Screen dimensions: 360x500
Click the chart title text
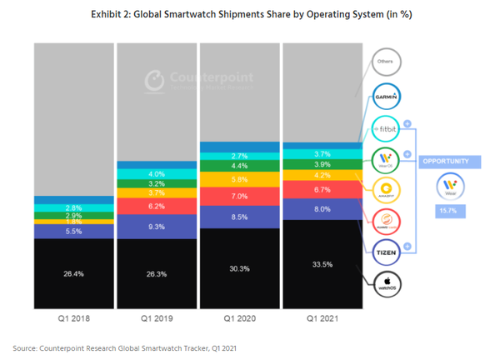point(250,15)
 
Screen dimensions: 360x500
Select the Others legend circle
point(386,62)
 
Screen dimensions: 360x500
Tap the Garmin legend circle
point(386,96)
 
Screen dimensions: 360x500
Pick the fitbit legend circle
point(386,130)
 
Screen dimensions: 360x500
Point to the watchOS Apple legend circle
point(386,283)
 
